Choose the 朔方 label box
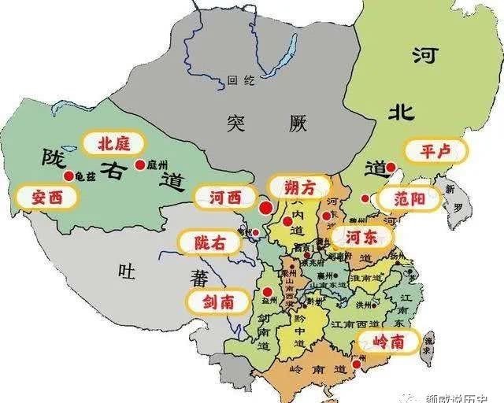pyautogui.click(x=295, y=186)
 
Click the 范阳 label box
pyautogui.click(x=407, y=198)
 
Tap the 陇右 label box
pyautogui.click(x=209, y=243)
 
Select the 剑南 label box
pyautogui.click(x=216, y=301)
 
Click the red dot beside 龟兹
pyautogui.click(x=69, y=176)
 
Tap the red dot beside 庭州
pyautogui.click(x=140, y=165)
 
